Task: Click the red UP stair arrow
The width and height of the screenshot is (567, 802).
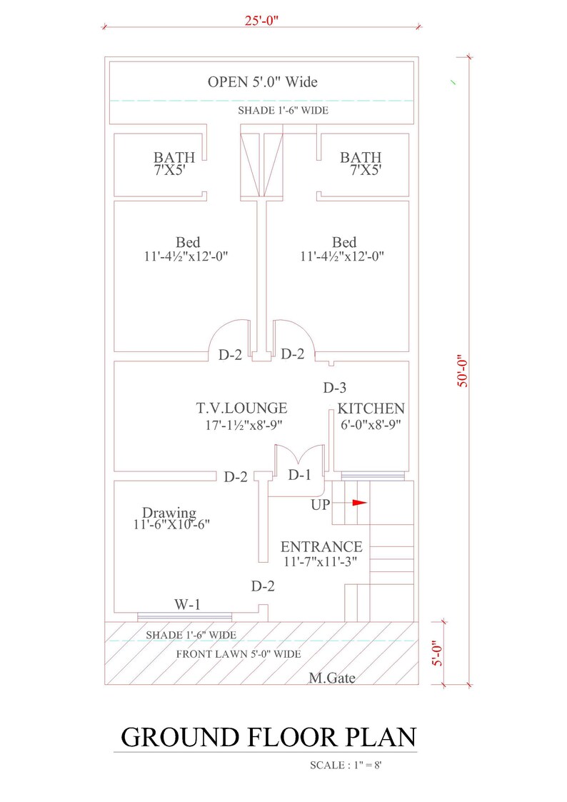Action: pyautogui.click(x=358, y=503)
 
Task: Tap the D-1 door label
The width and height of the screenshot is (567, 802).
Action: pyautogui.click(x=300, y=475)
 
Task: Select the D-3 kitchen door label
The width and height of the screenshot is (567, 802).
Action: pyautogui.click(x=334, y=389)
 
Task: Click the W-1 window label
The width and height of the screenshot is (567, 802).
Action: pyautogui.click(x=187, y=605)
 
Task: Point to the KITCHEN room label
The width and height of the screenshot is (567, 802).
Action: pyautogui.click(x=371, y=409)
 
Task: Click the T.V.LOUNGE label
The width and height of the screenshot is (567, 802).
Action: pyautogui.click(x=242, y=408)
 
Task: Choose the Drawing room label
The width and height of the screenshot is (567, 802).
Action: pyautogui.click(x=169, y=512)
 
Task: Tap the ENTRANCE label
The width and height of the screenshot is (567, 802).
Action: pyautogui.click(x=321, y=547)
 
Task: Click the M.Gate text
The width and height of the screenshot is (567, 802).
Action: pyautogui.click(x=331, y=678)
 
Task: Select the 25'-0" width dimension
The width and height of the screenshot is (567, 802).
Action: pyautogui.click(x=261, y=19)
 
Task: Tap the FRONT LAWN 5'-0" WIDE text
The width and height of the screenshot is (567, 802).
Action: pyautogui.click(x=239, y=653)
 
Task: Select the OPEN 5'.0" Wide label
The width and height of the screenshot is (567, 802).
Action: pyautogui.click(x=262, y=82)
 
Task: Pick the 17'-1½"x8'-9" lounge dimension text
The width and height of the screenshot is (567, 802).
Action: pyautogui.click(x=242, y=425)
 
